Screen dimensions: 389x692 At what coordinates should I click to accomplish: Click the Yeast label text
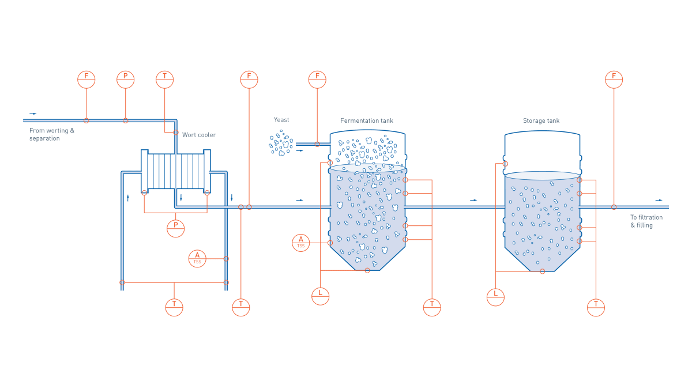281,120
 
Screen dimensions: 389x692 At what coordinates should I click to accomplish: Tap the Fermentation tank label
367,120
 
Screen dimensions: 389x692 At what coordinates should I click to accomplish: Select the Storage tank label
541,121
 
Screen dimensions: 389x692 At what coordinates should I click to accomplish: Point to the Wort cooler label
199,135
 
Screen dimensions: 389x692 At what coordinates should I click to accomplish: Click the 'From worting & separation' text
52,134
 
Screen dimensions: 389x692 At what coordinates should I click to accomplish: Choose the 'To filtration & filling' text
646,221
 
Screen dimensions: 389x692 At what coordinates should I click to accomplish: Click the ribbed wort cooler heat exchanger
175,171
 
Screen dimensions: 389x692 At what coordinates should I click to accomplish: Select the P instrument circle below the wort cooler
176,228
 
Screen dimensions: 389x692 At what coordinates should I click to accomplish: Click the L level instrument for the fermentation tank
320,296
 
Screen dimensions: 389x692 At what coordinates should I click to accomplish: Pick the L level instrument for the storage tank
495,297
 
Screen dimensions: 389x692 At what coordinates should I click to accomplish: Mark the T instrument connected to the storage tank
596,307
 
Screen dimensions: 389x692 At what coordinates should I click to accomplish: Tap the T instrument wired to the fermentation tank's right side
432,307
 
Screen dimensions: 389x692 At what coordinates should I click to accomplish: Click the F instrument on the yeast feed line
317,80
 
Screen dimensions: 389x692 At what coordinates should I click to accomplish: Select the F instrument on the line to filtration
614,80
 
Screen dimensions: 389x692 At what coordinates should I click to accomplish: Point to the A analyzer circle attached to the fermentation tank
301,243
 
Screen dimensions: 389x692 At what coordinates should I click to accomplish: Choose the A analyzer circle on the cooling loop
197,259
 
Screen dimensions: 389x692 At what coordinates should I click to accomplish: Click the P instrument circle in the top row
126,80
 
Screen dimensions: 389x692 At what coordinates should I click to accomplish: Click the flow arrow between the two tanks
473,200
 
